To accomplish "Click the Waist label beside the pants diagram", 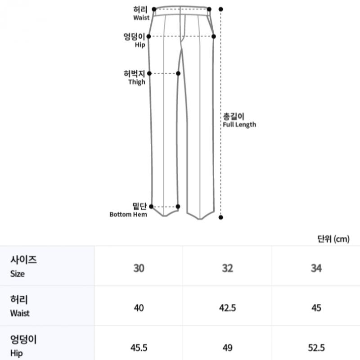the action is [141, 13].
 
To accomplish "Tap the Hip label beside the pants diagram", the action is [134, 40].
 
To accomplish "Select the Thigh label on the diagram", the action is [134, 77].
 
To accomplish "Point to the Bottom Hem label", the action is [128, 210].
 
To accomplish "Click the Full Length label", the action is [239, 120].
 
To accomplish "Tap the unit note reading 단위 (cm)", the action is [333, 239].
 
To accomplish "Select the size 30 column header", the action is [139, 268].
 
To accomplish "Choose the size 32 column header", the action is [228, 268].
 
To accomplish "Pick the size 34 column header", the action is [316, 268].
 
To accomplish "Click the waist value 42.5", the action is [228, 308].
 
